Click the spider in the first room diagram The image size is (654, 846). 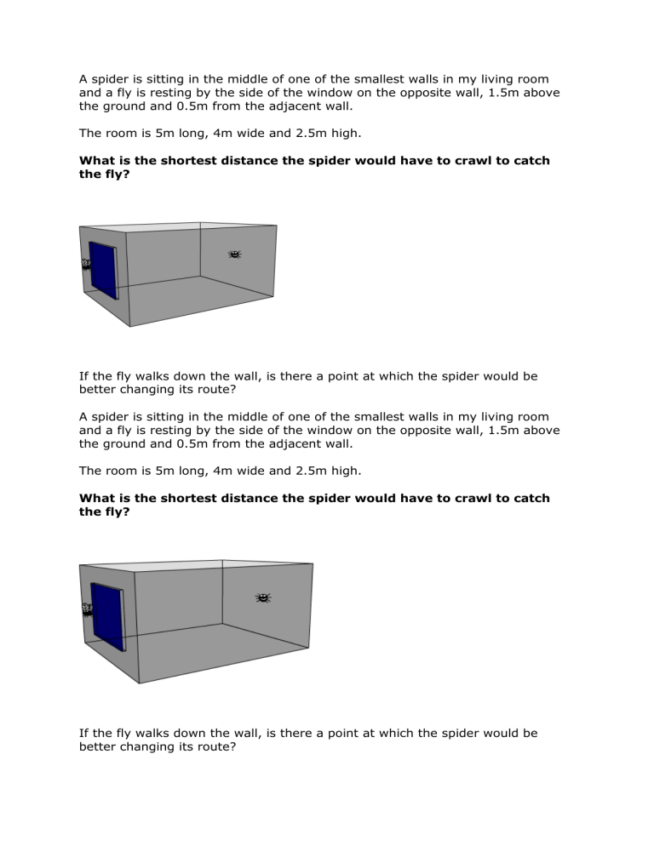[235, 254]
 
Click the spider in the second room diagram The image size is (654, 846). [263, 598]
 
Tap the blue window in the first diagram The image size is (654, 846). [103, 271]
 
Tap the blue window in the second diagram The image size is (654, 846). [107, 616]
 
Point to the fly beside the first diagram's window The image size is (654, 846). [85, 265]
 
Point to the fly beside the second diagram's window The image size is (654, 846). [86, 609]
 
